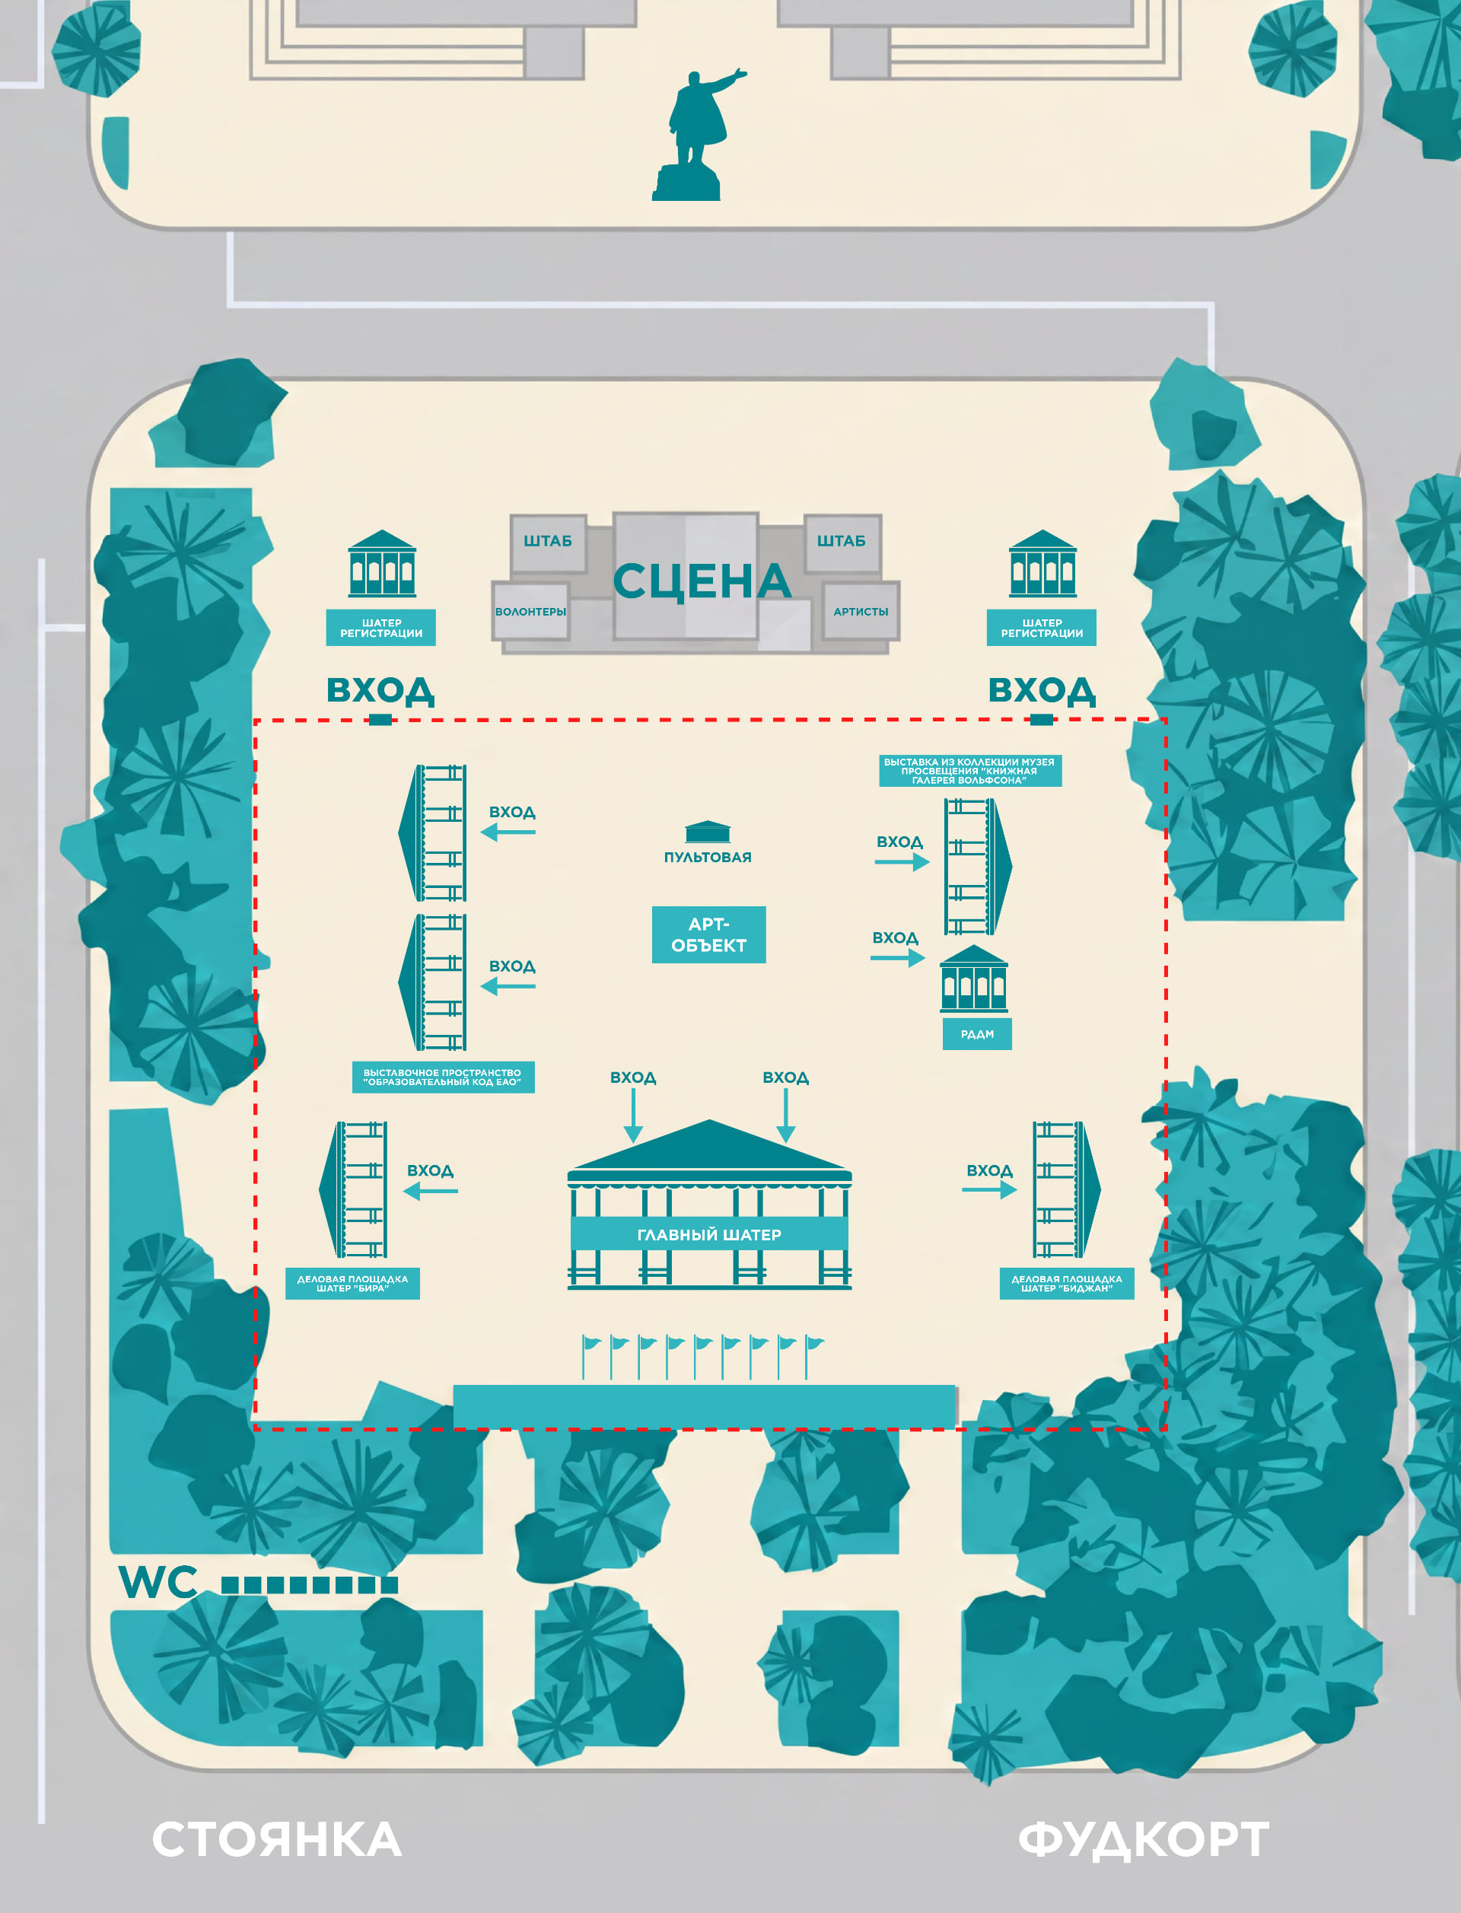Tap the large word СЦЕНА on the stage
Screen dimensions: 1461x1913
pyautogui.click(x=702, y=581)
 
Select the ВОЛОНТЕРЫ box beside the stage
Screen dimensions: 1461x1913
pyautogui.click(x=530, y=611)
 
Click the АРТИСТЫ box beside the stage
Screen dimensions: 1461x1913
pyautogui.click(x=861, y=611)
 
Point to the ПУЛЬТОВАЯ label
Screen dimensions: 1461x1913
pyautogui.click(x=708, y=858)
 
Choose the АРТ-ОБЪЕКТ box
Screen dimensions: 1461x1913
pyautogui.click(x=708, y=934)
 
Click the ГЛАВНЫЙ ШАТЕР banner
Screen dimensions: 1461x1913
pyautogui.click(x=708, y=1234)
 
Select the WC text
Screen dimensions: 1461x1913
pyautogui.click(x=158, y=1582)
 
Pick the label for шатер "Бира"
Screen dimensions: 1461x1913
pyautogui.click(x=352, y=1284)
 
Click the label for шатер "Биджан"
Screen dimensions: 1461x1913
pyautogui.click(x=1067, y=1284)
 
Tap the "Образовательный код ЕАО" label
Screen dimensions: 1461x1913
pyautogui.click(x=443, y=1077)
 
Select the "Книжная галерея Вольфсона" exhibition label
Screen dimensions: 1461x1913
pyautogui.click(x=969, y=770)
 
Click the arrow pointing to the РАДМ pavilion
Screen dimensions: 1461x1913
pyautogui.click(x=897, y=958)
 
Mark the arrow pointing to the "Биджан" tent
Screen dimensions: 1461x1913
pyautogui.click(x=988, y=1189)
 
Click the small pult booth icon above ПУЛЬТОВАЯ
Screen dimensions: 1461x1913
pyautogui.click(x=708, y=832)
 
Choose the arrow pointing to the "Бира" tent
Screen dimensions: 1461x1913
pyautogui.click(x=431, y=1190)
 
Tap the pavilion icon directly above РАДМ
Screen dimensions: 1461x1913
pyautogui.click(x=974, y=979)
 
